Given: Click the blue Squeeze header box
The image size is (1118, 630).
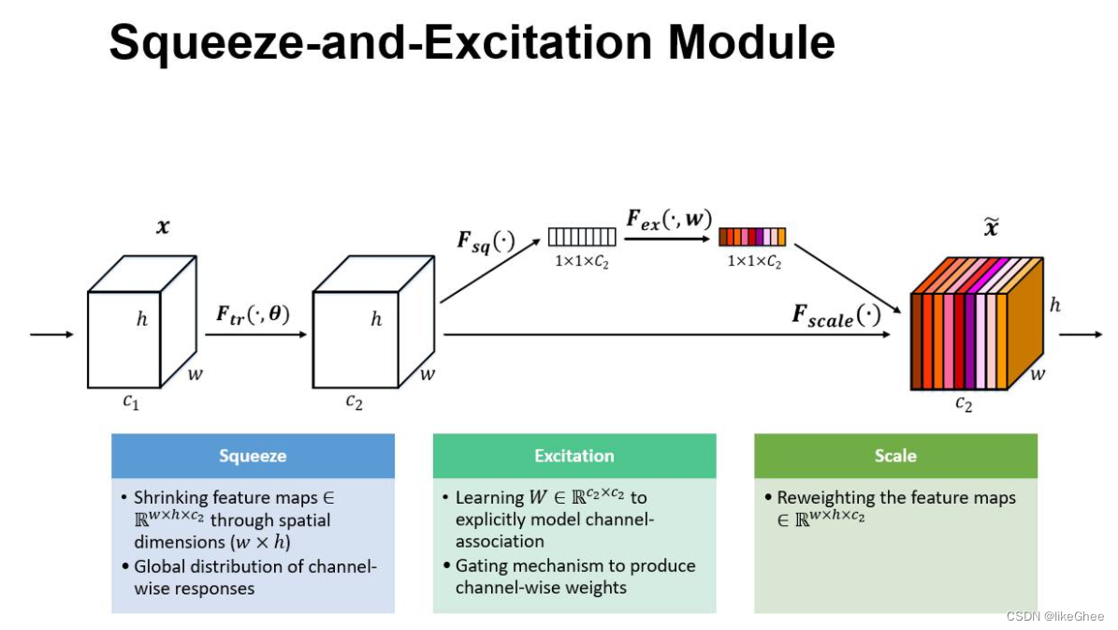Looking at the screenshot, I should [x=253, y=456].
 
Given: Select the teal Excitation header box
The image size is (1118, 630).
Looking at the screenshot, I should [x=574, y=456].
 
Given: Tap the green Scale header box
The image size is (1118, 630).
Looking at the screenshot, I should [x=895, y=456].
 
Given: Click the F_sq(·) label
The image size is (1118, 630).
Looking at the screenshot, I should [x=486, y=240].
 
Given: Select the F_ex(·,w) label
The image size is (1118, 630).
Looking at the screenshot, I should [x=668, y=222].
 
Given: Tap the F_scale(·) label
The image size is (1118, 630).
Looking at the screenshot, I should [x=836, y=315].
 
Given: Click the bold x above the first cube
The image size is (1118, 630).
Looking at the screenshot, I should [x=163, y=227].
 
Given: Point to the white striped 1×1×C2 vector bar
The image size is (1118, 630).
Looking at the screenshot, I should [x=583, y=237].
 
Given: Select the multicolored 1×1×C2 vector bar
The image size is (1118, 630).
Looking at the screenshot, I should [x=752, y=237].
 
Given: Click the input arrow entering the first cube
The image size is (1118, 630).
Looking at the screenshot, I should [x=51, y=334].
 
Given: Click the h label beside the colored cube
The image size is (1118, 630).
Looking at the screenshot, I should [x=1054, y=305].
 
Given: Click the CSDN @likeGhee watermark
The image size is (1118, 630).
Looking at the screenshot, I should [x=1054, y=616].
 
